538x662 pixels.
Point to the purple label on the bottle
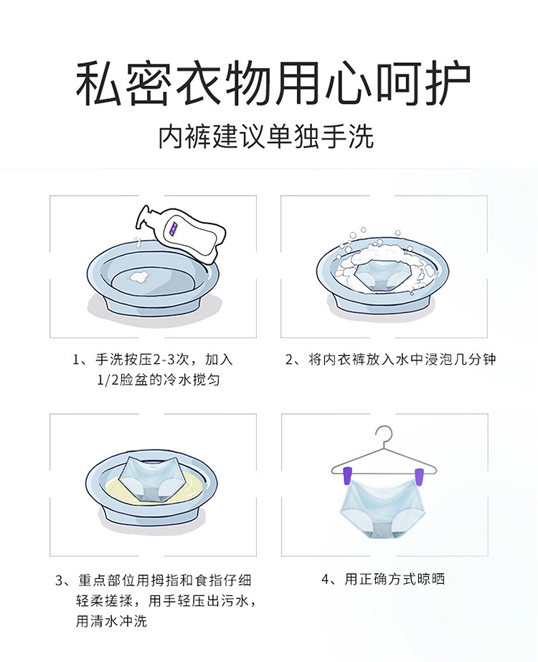coord(172,226)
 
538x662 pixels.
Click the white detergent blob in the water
coord(138,276)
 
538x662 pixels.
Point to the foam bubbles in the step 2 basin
coord(382,262)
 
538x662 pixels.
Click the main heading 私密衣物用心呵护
coord(273,84)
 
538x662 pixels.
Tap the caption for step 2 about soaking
coord(390,360)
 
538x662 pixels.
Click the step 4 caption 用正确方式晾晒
coord(383,579)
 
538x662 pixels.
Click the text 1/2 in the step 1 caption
coord(108,380)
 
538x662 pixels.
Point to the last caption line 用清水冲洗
coord(112,621)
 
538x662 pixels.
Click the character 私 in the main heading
coord(99,84)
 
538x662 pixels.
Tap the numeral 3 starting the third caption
coord(59,580)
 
